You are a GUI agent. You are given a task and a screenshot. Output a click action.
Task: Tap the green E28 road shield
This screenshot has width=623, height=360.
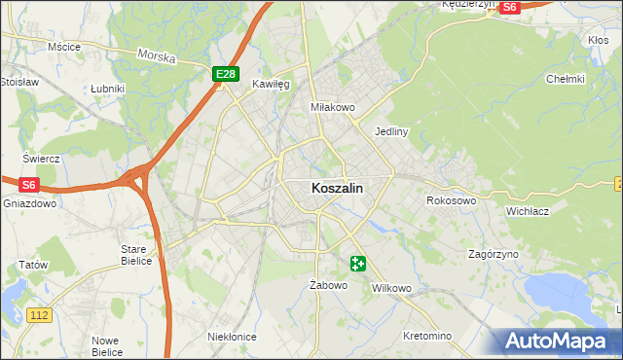[x=226, y=74]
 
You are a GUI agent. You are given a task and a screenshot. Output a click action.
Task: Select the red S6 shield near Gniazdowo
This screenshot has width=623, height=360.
[x=29, y=184]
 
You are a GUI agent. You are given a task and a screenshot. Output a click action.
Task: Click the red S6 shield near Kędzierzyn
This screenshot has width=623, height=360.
[x=509, y=7]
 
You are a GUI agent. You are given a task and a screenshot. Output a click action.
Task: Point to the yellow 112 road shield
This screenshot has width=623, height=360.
[x=39, y=314]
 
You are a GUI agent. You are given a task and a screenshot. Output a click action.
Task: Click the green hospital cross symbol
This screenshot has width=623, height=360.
[x=358, y=263]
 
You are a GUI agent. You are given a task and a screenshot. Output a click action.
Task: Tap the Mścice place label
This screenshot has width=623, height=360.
[x=64, y=47]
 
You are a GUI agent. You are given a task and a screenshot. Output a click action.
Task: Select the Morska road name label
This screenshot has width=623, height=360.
[x=156, y=56]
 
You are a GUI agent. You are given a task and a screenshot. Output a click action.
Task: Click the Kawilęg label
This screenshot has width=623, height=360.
[x=272, y=85]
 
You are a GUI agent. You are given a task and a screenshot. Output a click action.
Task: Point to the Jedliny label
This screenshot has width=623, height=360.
[x=390, y=130]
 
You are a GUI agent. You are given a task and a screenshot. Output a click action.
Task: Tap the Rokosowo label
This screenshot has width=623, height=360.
[x=451, y=200]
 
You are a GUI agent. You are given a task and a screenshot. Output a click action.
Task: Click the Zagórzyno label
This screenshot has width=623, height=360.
[x=493, y=253]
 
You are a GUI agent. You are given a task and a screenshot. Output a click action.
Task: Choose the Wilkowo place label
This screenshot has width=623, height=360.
[x=393, y=289]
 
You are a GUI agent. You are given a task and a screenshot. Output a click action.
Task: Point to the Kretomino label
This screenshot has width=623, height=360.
[x=427, y=336]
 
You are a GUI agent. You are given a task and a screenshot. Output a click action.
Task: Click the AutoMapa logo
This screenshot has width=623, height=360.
[x=557, y=341]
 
